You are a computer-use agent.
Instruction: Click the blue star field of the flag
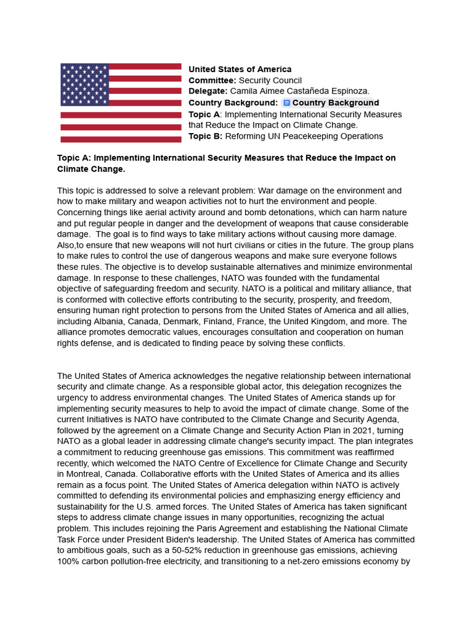[x=84, y=84]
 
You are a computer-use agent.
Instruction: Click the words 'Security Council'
[x=270, y=80]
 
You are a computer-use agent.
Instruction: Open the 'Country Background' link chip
[x=331, y=103]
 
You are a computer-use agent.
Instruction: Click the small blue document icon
[x=286, y=103]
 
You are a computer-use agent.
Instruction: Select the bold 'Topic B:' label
[x=205, y=136]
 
